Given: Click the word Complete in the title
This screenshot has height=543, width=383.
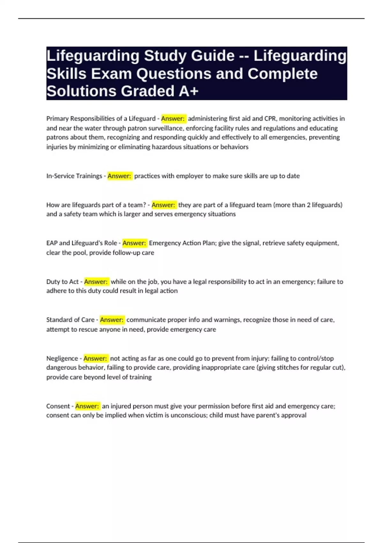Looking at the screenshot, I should (x=282, y=74).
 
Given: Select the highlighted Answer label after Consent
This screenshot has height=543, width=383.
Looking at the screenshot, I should (x=87, y=406).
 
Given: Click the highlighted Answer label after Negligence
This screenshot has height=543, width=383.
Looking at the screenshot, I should (x=95, y=358).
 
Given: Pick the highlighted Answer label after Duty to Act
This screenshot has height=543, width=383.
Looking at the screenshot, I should (x=96, y=282).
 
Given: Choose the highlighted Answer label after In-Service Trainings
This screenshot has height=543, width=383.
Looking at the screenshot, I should (x=119, y=176).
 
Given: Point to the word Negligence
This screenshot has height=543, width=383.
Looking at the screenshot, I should (x=62, y=358).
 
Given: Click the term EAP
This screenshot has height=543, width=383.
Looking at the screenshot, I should (x=52, y=243).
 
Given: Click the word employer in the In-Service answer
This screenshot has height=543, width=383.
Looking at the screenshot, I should (x=189, y=176).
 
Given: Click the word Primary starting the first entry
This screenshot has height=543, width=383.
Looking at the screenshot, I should (x=57, y=119).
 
